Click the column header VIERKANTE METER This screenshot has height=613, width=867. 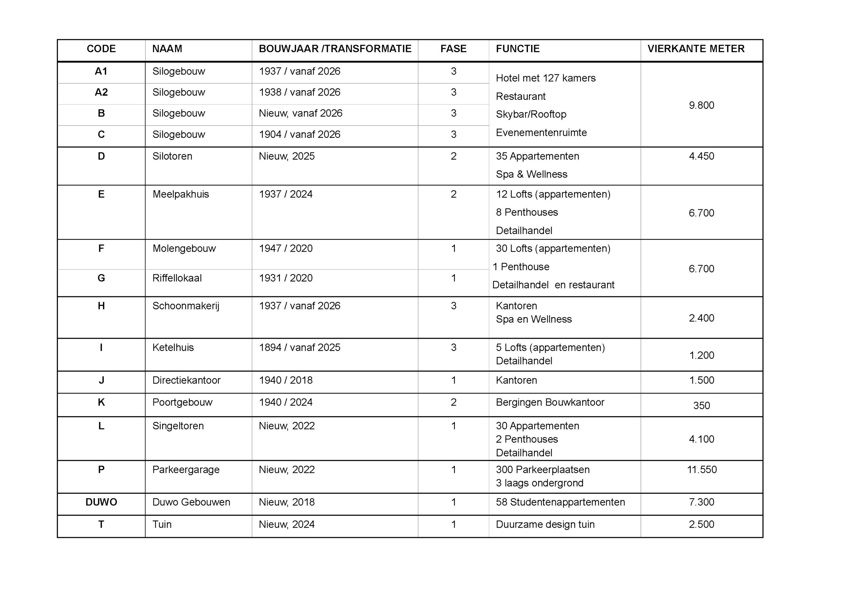tap(696, 49)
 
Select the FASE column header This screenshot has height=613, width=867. tap(453, 49)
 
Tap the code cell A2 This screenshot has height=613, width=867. tap(101, 92)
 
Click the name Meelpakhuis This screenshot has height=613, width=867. tap(181, 194)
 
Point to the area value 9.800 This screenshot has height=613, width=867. tap(701, 105)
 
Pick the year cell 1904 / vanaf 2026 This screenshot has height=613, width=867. tap(299, 134)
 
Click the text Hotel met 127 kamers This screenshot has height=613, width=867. tap(545, 78)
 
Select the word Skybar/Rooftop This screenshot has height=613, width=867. tap(531, 114)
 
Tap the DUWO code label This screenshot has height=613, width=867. tap(101, 502)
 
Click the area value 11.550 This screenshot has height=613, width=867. tap(702, 469)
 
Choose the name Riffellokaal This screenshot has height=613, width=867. tap(177, 278)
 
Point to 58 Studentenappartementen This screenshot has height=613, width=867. tap(560, 502)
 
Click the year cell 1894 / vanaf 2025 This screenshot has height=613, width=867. tap(299, 347)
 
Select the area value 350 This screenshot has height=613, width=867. tap(701, 405)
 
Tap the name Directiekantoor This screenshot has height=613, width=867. tap(186, 380)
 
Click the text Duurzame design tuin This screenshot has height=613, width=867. tap(545, 524)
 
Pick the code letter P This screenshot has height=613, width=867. tap(101, 469)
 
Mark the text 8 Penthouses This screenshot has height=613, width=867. tap(527, 212)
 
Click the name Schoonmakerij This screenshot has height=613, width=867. tap(186, 305)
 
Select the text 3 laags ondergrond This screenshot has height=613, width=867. tap(539, 483)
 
